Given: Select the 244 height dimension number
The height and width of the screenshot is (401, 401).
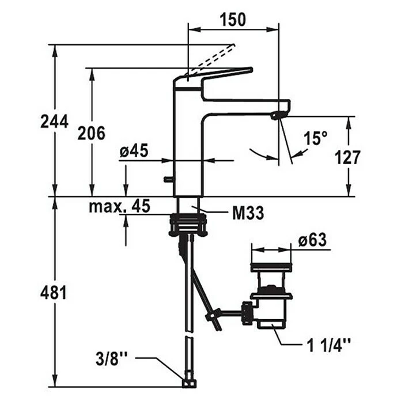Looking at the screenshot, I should (x=54, y=122).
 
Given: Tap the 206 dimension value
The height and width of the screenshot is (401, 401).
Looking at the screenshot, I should (x=92, y=133).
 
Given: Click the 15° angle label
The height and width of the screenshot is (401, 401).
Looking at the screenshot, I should (x=316, y=138).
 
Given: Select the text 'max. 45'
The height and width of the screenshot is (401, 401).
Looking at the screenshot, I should (x=119, y=206).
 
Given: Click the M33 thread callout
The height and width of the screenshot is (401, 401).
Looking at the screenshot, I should (x=248, y=214).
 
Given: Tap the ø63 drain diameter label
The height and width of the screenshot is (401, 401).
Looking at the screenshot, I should (x=313, y=240).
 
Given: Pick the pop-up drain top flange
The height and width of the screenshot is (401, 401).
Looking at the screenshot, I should (x=271, y=267).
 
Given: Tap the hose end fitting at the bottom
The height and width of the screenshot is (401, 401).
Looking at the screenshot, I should (x=188, y=381).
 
